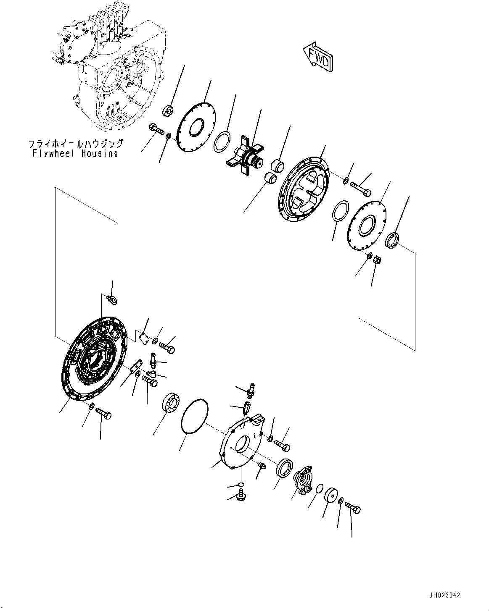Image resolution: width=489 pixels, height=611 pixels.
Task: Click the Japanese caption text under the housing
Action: point(76,144)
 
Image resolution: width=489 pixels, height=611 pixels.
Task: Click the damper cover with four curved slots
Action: point(305,189)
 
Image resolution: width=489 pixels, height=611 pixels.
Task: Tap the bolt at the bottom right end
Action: point(353,508)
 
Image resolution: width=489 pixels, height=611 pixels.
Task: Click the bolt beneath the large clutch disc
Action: point(103,413)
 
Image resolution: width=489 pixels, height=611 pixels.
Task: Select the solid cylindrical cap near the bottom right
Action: point(333,496)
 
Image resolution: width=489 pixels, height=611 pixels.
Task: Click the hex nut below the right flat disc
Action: point(377,261)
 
